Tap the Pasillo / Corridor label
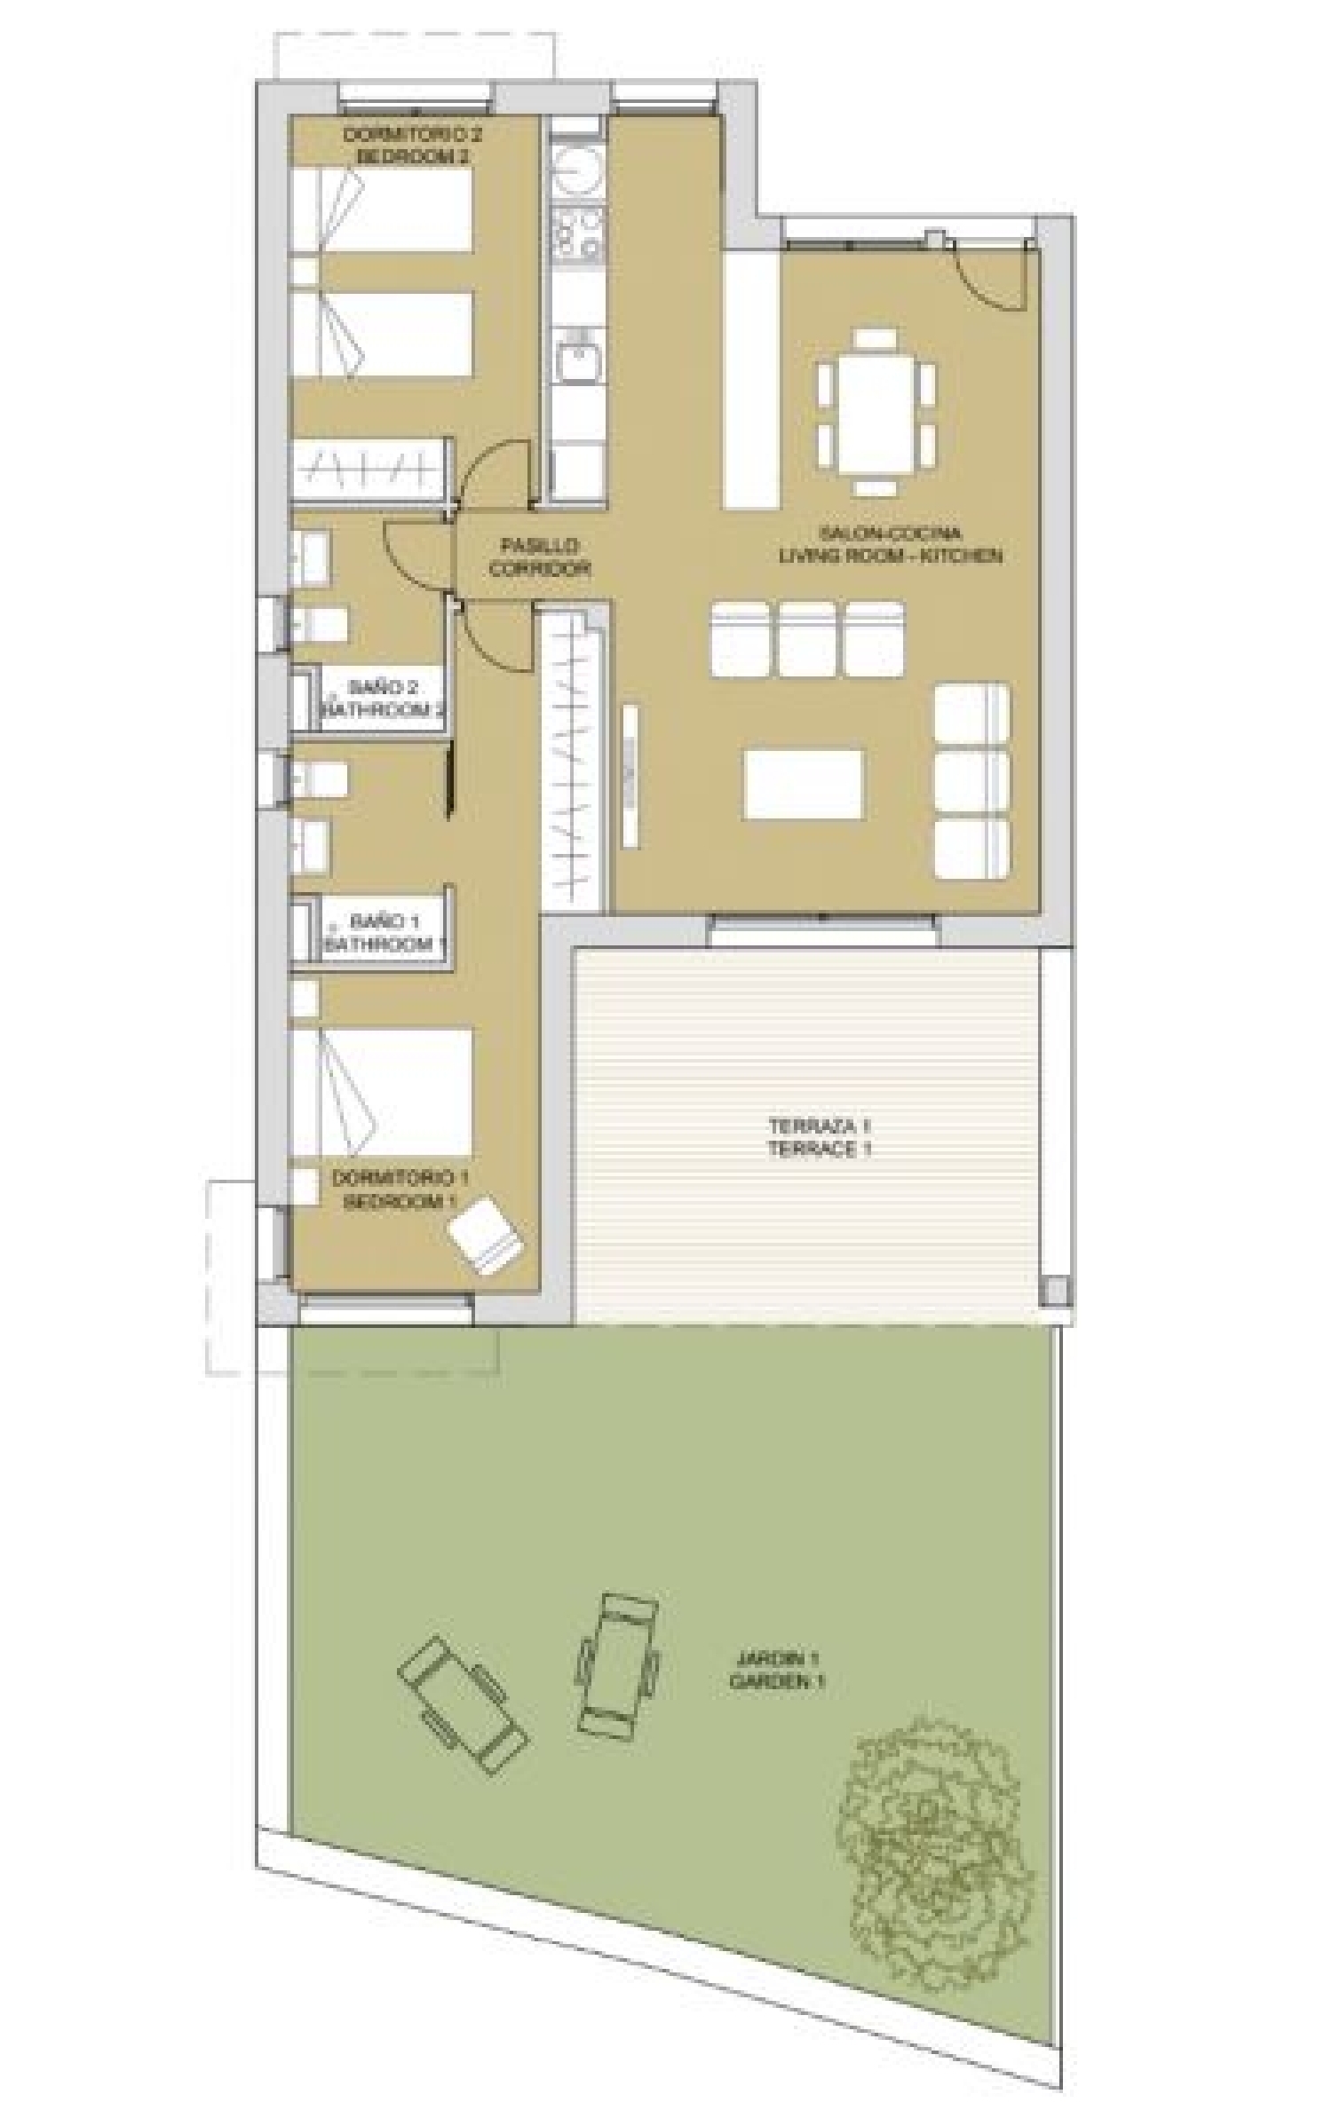pos(539,557)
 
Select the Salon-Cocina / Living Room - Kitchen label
pos(890,545)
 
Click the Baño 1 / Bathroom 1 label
pos(384,933)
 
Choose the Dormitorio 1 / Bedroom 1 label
pos(400,1190)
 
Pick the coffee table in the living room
pos(804,784)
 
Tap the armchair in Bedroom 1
pos(486,1236)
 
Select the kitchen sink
pos(577,358)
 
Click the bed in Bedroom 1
pos(382,1092)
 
